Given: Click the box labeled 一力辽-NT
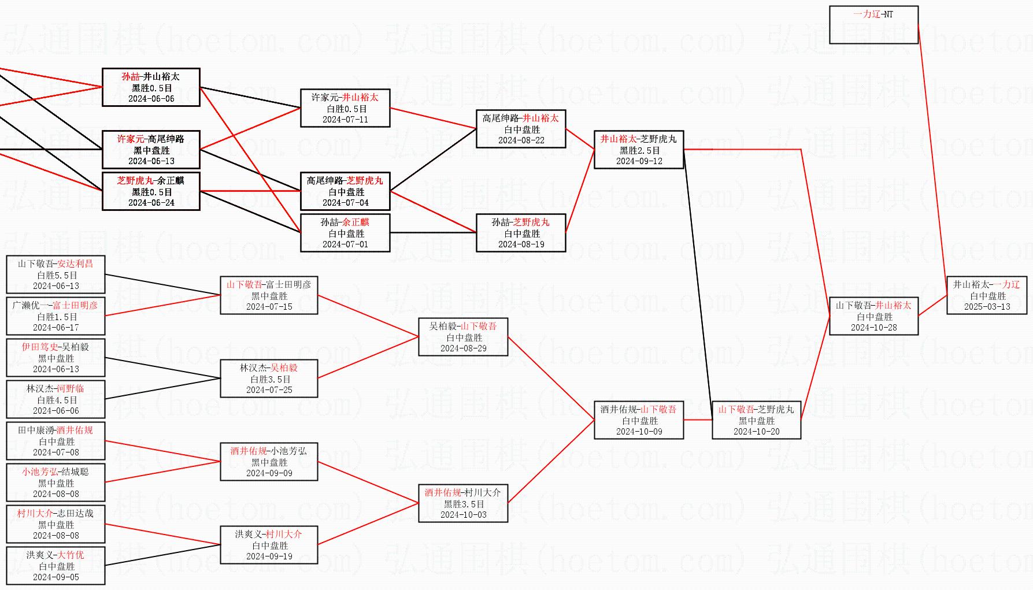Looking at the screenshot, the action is (x=873, y=24).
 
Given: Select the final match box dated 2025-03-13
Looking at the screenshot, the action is (x=987, y=295).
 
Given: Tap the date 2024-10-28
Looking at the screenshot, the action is (x=873, y=328).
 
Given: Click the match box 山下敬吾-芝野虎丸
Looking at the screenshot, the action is (x=756, y=420).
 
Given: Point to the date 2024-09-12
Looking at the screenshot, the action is (x=639, y=161).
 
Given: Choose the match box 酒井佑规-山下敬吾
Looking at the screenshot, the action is (x=638, y=420).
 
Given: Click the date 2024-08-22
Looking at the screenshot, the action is (x=521, y=140).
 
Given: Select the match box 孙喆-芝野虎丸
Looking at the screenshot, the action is (x=520, y=233).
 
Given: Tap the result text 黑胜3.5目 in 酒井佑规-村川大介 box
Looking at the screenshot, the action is (x=464, y=504).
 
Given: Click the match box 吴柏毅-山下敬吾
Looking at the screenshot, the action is (x=462, y=337).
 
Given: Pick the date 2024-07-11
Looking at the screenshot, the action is (x=345, y=120).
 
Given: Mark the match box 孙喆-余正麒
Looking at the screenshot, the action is (x=345, y=233).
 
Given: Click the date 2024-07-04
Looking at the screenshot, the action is (x=345, y=203).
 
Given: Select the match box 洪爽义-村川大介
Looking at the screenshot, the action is (x=269, y=545).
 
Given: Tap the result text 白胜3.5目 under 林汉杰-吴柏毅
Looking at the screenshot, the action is (x=269, y=379).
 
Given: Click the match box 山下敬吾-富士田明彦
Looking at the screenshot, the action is (x=269, y=295).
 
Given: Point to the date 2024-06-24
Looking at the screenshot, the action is (x=151, y=203).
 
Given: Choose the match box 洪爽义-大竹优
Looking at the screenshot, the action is (x=55, y=566).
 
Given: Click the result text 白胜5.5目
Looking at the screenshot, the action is (x=57, y=275).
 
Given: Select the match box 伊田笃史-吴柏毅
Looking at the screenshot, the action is (x=55, y=358).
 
